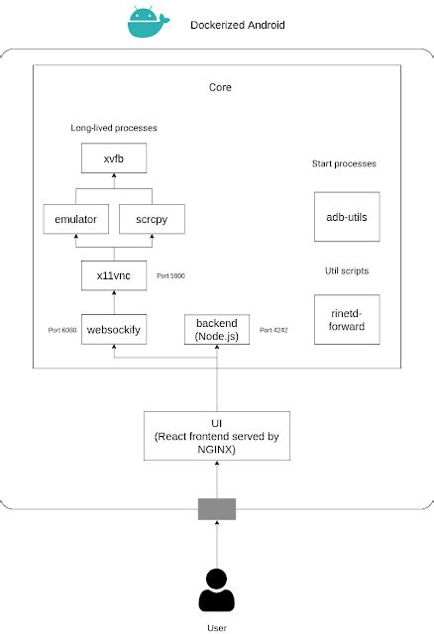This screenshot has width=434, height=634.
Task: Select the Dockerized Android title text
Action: [237, 24]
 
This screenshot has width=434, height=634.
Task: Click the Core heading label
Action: [220, 87]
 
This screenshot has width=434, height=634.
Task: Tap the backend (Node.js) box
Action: [217, 330]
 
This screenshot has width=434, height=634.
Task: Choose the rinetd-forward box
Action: [346, 319]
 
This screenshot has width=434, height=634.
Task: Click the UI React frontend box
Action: [216, 436]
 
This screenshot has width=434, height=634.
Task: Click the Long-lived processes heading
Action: [114, 128]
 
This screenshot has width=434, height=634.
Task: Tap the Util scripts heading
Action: [346, 268]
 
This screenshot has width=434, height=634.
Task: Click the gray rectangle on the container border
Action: [216, 508]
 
